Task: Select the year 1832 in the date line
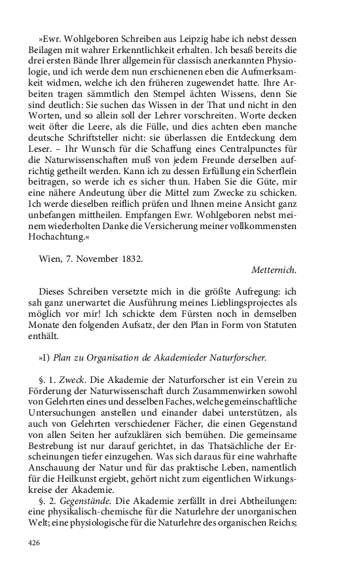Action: pos(128,258)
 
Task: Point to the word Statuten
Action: pos(278,325)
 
